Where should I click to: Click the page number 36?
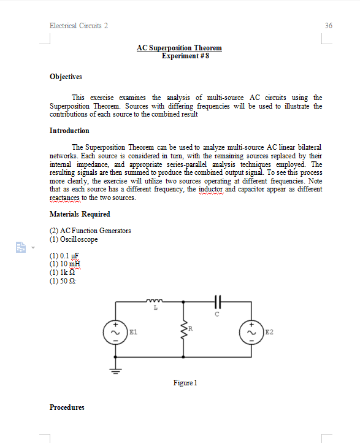329,26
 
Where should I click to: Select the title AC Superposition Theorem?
179,48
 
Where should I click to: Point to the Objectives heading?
66,77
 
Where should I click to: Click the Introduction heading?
69,131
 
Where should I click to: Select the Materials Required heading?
80,214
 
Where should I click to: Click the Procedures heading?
67,407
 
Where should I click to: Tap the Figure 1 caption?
185,383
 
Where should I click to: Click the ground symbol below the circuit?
115,369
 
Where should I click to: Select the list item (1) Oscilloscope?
74,239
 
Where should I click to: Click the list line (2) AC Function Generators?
90,231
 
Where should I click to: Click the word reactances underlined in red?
68,198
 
